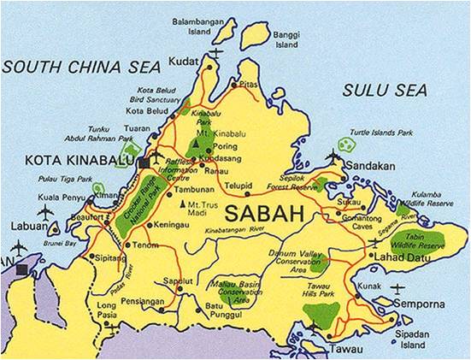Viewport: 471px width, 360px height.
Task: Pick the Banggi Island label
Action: pos(286,39)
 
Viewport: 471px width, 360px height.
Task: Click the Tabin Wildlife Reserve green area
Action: pos(424,242)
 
